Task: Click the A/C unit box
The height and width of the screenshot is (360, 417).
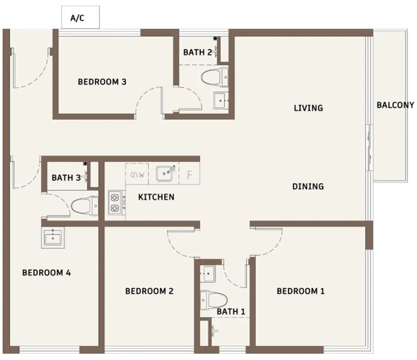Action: pos(81,17)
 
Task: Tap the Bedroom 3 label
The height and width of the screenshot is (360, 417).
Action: pos(102,82)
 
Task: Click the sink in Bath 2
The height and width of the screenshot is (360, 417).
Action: pos(220,100)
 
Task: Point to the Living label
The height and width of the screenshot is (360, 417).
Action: pos(308,108)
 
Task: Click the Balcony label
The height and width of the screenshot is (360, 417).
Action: pos(395,105)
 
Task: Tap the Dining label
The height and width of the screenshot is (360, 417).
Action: pos(308,187)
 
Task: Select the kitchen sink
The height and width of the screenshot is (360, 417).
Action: pos(164,173)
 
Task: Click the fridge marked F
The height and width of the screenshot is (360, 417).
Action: pos(189,174)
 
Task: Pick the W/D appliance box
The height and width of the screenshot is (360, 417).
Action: pos(137,174)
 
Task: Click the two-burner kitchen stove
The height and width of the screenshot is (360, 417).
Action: pos(115,203)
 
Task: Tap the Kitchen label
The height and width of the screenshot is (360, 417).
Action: pos(157,197)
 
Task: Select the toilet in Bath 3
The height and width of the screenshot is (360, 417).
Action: pos(84,206)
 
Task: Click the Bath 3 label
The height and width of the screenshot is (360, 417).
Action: pos(66,177)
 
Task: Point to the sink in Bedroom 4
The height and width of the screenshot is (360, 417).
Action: pos(53,237)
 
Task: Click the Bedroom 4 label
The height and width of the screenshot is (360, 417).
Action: pos(46,273)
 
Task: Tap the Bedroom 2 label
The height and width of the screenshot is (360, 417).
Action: pos(149,291)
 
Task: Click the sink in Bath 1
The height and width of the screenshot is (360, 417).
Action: pos(207,274)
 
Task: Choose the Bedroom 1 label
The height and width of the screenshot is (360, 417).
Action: pos(301,291)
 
